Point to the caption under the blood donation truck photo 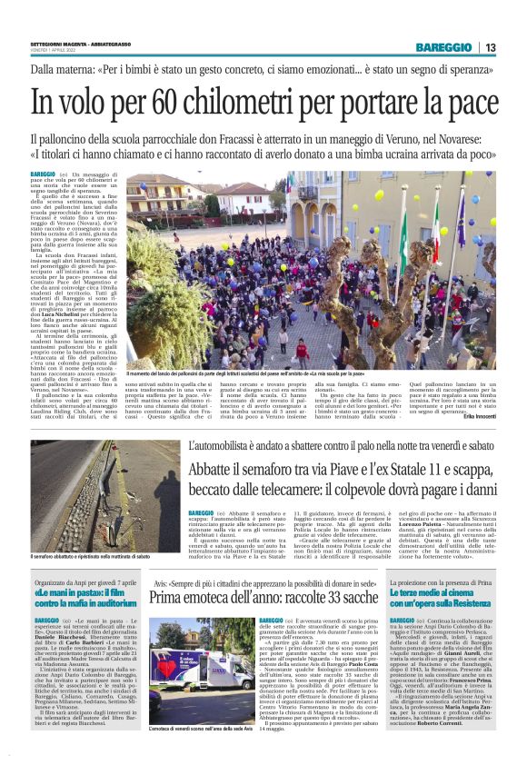coord(203,703)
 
